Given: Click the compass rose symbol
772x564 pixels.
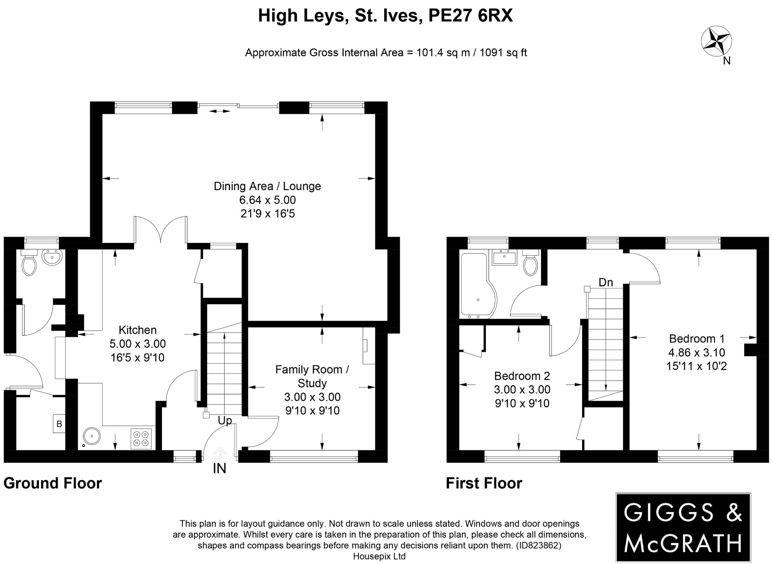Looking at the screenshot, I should pyautogui.click(x=716, y=41).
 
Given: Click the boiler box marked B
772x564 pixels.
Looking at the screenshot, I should pyautogui.click(x=59, y=424).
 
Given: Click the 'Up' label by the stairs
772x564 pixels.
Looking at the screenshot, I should pyautogui.click(x=225, y=420).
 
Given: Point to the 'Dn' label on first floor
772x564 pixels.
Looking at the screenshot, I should pyautogui.click(x=606, y=282).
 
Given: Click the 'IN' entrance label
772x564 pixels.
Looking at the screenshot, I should pyautogui.click(x=219, y=469).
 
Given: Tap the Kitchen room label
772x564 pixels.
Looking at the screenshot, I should pyautogui.click(x=138, y=330).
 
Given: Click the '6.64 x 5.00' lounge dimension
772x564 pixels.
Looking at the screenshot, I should pyautogui.click(x=268, y=200).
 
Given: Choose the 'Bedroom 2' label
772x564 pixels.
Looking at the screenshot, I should pyautogui.click(x=522, y=376).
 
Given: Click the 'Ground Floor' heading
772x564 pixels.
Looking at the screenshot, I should pyautogui.click(x=53, y=483).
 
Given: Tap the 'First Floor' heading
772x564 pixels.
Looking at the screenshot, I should pyautogui.click(x=484, y=483).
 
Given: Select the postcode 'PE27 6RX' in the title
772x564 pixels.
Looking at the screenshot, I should pyautogui.click(x=470, y=16).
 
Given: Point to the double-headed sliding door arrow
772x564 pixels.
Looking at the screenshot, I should pyautogui.click(x=220, y=111).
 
